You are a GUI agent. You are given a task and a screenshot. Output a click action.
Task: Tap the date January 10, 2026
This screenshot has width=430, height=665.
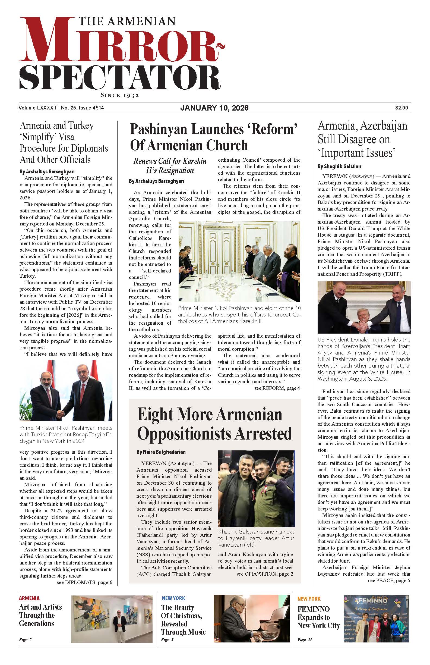click(x=214, y=108)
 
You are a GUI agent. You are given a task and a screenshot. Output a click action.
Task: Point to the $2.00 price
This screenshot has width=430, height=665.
click(x=401, y=108)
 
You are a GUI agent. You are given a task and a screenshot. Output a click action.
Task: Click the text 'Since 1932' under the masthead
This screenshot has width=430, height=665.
click(x=120, y=95)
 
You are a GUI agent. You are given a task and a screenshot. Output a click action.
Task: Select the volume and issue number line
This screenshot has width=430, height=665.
click(x=61, y=108)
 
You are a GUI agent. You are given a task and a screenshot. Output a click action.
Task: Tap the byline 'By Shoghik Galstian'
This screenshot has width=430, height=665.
click(x=339, y=167)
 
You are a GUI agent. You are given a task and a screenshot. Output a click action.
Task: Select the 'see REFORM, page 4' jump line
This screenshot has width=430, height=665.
click(x=277, y=388)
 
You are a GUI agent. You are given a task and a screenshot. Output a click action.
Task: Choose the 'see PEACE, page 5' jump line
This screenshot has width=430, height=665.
click(x=389, y=581)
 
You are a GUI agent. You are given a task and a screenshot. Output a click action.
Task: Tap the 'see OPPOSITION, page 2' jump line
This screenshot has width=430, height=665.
click(x=265, y=574)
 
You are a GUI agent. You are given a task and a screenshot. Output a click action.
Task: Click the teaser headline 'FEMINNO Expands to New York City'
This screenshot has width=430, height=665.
click(x=318, y=617)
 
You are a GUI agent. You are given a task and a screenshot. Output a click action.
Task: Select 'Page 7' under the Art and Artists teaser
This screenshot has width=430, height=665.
click(x=25, y=639)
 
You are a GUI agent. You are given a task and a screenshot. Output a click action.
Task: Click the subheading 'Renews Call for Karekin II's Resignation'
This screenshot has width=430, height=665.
click(x=170, y=166)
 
